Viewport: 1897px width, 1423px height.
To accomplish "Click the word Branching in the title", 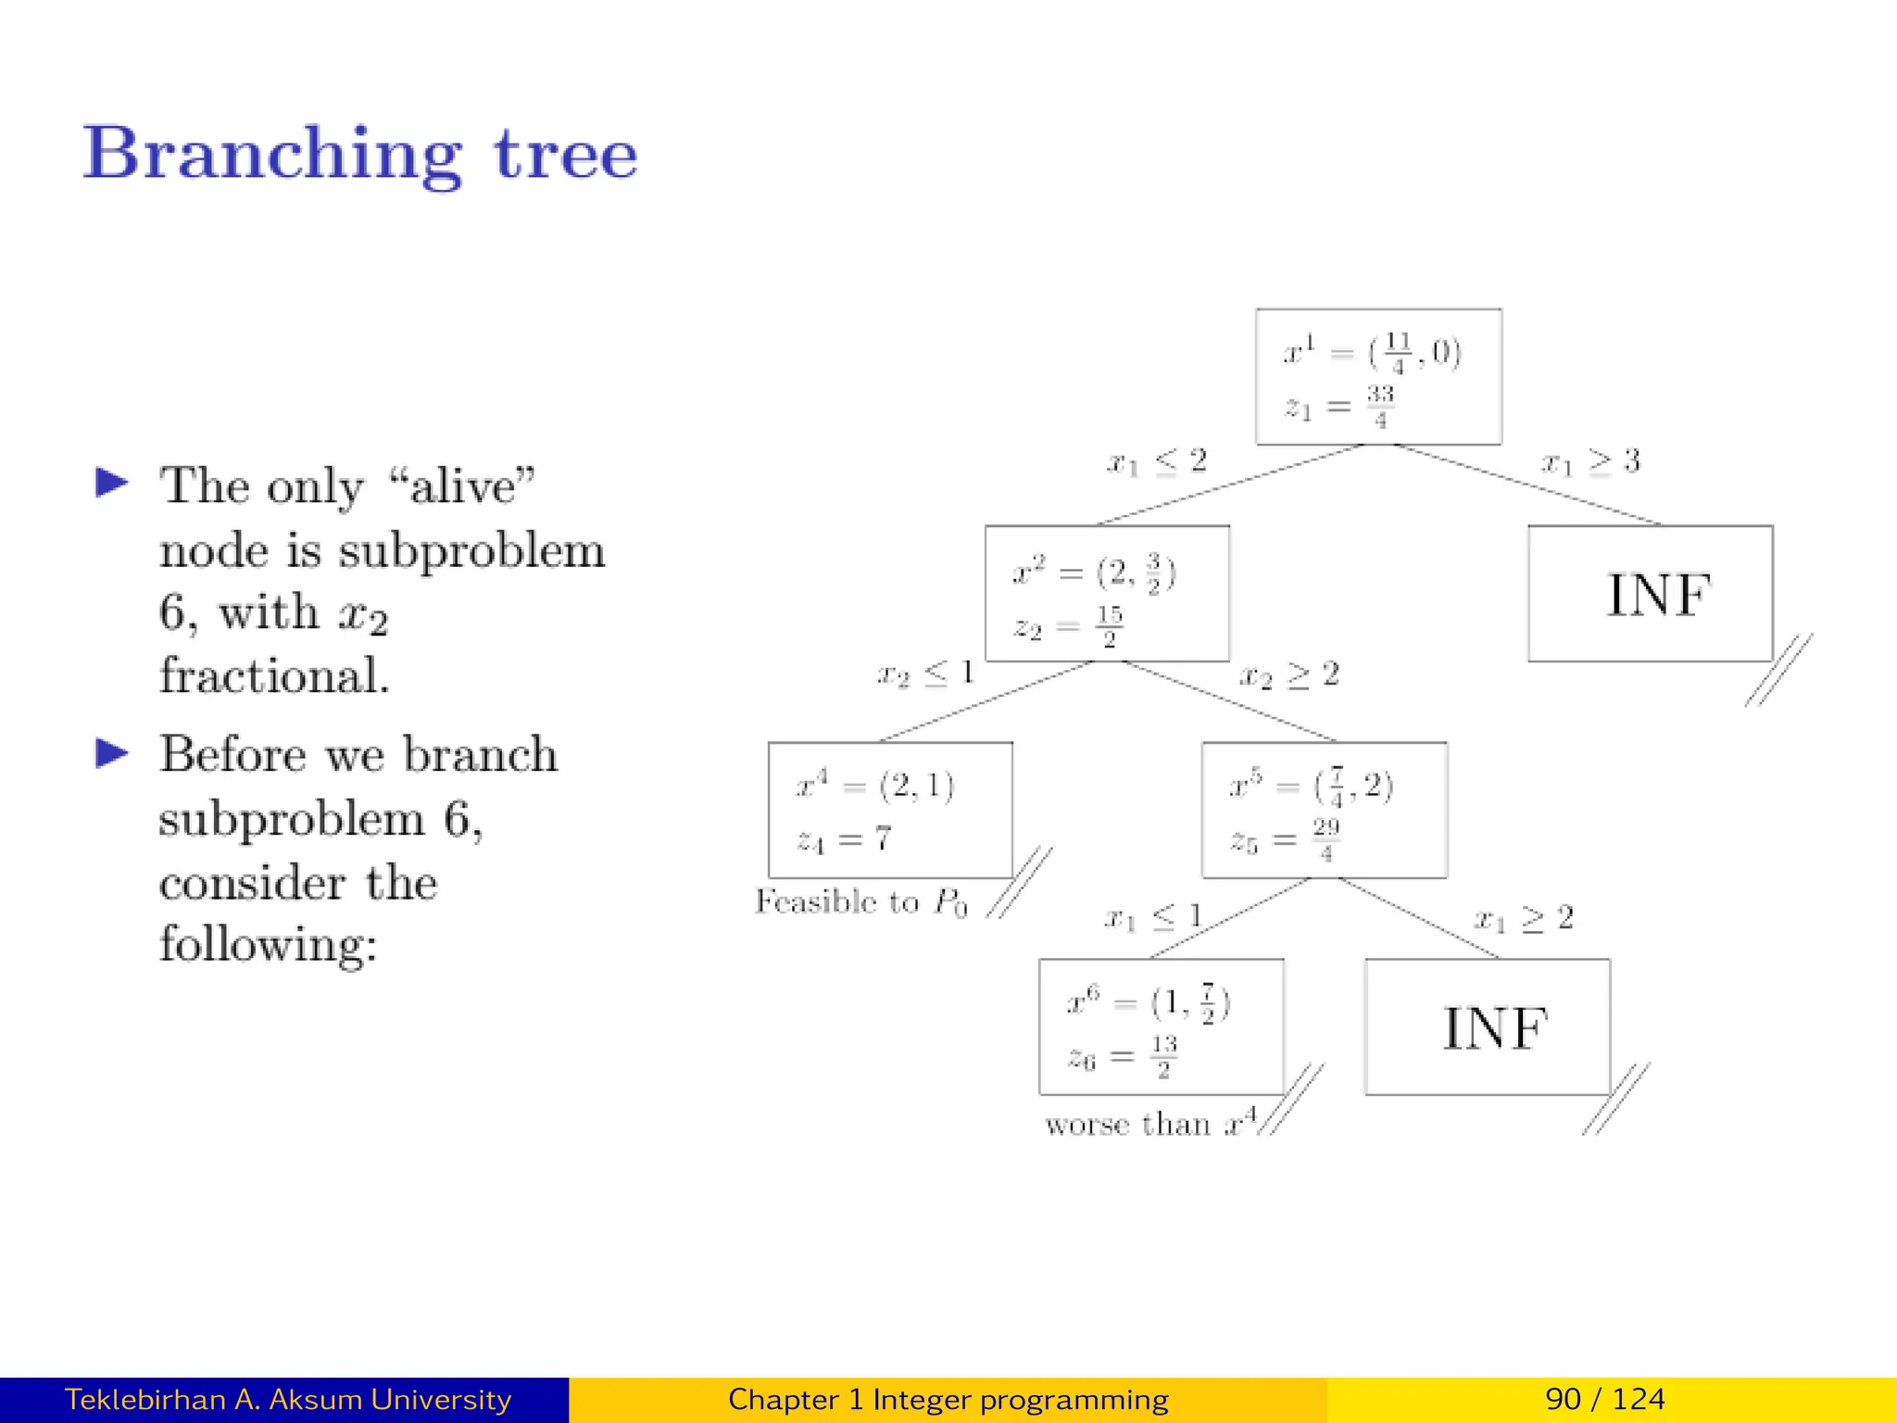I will pyautogui.click(x=272, y=155).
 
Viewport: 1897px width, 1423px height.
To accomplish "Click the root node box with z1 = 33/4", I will pyautogui.click(x=1377, y=377).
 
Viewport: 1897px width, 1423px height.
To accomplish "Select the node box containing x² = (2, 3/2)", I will pyautogui.click(x=1107, y=594).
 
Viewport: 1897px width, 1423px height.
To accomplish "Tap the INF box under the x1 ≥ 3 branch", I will pyautogui.click(x=1650, y=594).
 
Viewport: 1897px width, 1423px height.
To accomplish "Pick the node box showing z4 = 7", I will pyautogui.click(x=890, y=811).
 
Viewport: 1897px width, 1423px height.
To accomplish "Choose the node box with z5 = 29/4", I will pyautogui.click(x=1324, y=811).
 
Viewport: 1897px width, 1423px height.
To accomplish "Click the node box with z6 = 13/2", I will pyautogui.click(x=1161, y=1026).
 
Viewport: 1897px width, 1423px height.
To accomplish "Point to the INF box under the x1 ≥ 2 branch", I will pyautogui.click(x=1487, y=1026).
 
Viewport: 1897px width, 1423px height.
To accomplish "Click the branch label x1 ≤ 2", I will pyautogui.click(x=1157, y=461).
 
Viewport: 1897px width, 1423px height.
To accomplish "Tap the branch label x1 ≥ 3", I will pyautogui.click(x=1589, y=461).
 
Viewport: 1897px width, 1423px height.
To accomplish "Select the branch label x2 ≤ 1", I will pyautogui.click(x=925, y=674).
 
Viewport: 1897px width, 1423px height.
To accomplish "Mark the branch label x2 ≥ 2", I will pyautogui.click(x=1288, y=675).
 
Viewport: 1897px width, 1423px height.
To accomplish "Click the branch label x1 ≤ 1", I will pyautogui.click(x=1153, y=918).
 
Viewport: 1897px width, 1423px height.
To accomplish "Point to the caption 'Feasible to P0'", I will pyautogui.click(x=861, y=901).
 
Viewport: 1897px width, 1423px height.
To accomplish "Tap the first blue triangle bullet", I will pyautogui.click(x=112, y=483).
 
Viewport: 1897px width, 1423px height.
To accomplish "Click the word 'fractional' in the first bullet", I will pyautogui.click(x=273, y=675).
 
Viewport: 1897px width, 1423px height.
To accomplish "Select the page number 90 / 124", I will pyautogui.click(x=1604, y=1399).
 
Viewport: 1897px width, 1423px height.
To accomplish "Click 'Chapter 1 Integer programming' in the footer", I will pyautogui.click(x=948, y=1399).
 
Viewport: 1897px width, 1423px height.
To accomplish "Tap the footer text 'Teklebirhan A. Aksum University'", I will pyautogui.click(x=287, y=1399).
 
